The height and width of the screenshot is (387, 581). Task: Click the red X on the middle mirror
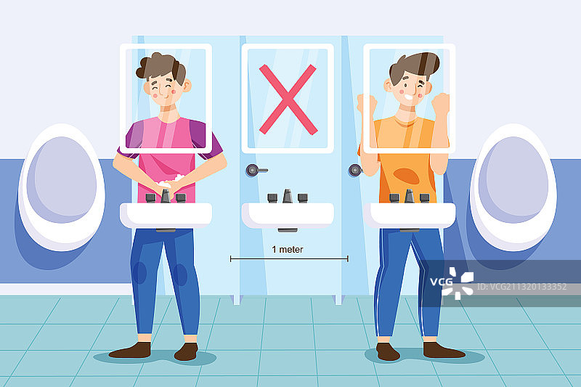point(288,99)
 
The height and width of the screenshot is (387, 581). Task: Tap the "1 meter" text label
point(288,250)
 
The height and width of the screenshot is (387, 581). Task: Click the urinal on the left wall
point(62,187)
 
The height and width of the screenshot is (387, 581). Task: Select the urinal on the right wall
point(513,187)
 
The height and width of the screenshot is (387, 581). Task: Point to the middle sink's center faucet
point(288,196)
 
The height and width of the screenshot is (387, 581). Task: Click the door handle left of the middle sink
point(256,170)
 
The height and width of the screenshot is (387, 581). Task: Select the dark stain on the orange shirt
point(407,176)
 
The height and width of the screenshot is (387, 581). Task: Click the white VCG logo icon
point(458,283)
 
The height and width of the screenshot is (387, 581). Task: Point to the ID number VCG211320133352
point(521,287)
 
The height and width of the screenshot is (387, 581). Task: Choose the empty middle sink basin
point(288,215)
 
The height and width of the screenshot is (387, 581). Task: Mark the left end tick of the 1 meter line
point(230,258)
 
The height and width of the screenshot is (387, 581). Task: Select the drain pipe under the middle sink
point(288,230)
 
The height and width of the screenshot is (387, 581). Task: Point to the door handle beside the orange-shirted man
point(355,170)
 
